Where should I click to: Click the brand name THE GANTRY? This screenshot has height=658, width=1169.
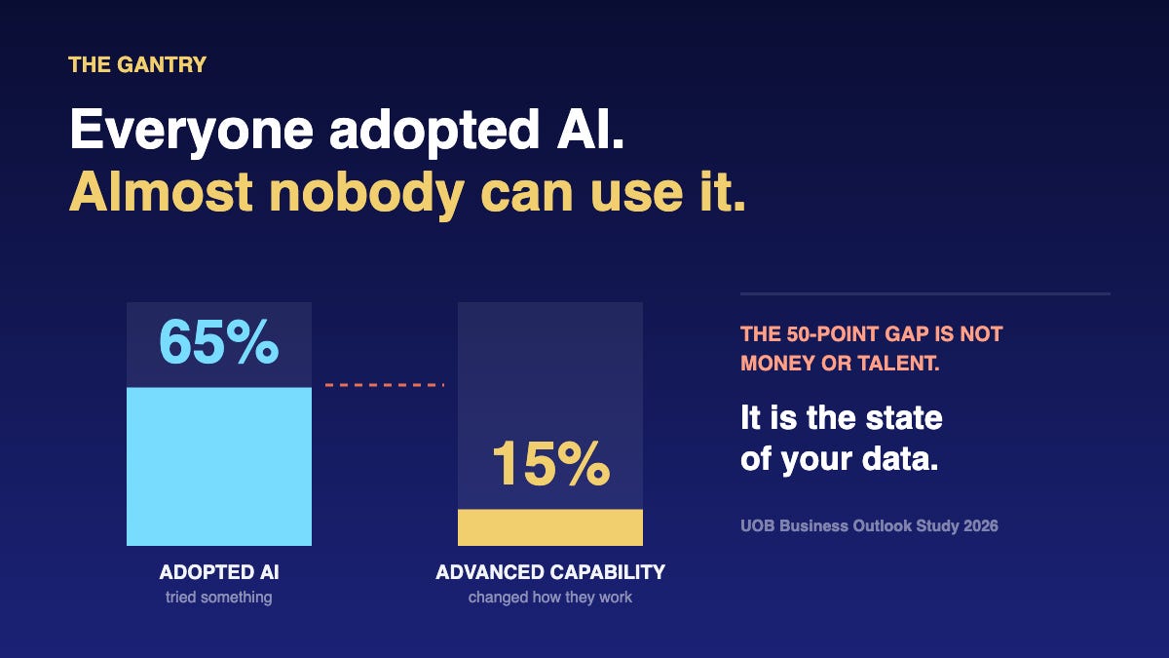137,64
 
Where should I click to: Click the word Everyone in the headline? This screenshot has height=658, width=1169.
191,131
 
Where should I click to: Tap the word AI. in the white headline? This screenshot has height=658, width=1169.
590,129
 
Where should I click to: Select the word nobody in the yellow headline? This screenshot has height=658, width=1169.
366,193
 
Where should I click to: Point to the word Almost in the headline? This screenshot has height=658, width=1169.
162,192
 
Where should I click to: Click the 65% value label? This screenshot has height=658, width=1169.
219,342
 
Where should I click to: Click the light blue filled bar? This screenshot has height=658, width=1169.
219,466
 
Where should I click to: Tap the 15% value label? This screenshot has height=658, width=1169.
550,464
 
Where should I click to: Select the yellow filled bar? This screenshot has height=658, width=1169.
550,527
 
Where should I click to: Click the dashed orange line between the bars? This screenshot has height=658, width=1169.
384,385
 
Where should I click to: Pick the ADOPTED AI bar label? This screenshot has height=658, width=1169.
219,572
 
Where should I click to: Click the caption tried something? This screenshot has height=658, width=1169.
218,597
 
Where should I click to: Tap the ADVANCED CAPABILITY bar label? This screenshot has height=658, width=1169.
550,572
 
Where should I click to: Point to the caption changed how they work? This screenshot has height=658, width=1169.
550,597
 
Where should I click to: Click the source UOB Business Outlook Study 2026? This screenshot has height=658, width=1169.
869,525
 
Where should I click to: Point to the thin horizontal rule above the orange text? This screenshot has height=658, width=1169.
925,294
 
